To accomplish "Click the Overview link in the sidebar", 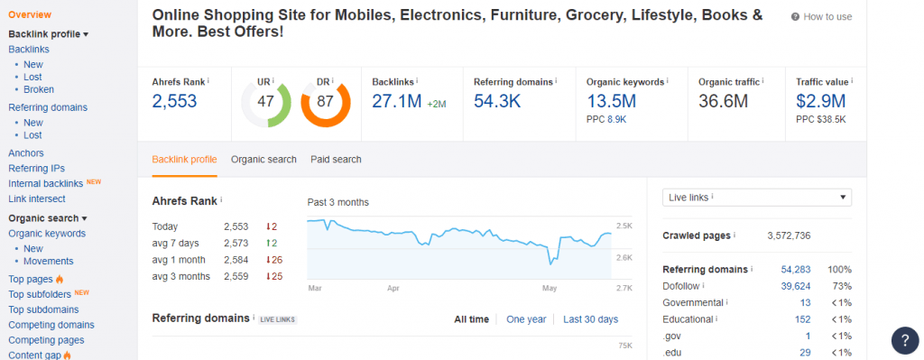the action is (30, 14).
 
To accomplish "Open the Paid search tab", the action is (336, 159).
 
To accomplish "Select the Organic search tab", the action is (263, 159).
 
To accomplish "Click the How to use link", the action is (821, 16).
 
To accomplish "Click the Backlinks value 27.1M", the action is (397, 101).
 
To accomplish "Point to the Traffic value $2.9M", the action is (821, 101).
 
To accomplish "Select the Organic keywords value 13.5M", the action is (611, 101).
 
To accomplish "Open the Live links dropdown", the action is (757, 198).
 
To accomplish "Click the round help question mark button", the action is (905, 340).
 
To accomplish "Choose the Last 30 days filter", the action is (590, 319).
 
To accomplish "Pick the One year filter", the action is (526, 319).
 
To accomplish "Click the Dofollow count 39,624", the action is (796, 286).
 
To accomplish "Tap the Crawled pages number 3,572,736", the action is (789, 235).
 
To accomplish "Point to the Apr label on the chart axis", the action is (393, 289).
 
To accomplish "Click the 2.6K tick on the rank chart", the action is (624, 257).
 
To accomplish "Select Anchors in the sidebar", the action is (26, 153).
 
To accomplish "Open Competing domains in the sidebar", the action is (51, 325).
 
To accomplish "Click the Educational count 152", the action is (802, 319).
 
